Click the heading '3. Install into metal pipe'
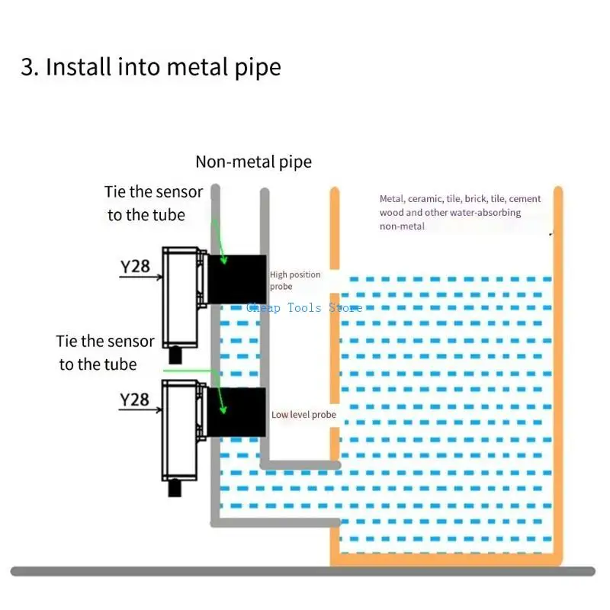[x=150, y=67]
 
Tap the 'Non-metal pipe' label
[x=253, y=162]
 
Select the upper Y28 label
[x=135, y=267]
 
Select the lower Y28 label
[x=135, y=400]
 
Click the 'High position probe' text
[x=294, y=280]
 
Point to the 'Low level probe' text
[x=303, y=415]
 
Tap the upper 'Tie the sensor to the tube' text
[x=153, y=204]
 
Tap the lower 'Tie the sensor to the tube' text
[x=104, y=353]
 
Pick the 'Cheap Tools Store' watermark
[x=304, y=308]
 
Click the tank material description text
[x=460, y=212]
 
